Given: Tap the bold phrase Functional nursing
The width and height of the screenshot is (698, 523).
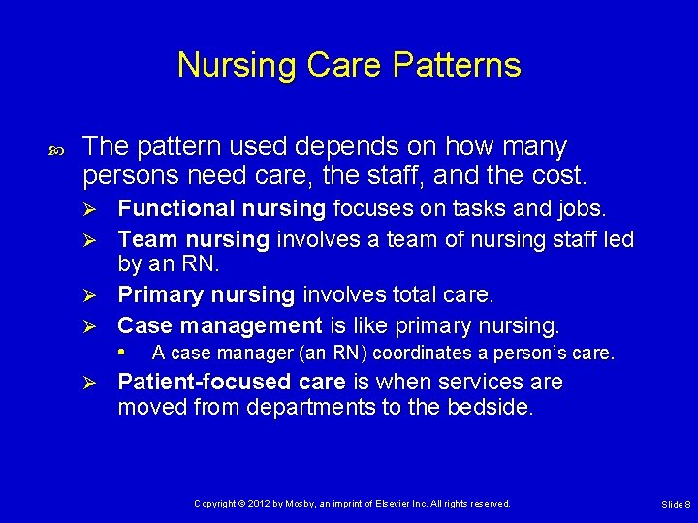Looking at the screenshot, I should click(222, 208).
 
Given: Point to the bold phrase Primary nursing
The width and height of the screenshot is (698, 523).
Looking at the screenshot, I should click(206, 294).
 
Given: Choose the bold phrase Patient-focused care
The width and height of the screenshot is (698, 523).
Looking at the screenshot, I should click(232, 382).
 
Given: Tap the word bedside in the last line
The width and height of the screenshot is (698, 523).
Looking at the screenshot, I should click(489, 408).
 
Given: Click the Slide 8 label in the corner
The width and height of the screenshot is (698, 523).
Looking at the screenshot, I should click(676, 505).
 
